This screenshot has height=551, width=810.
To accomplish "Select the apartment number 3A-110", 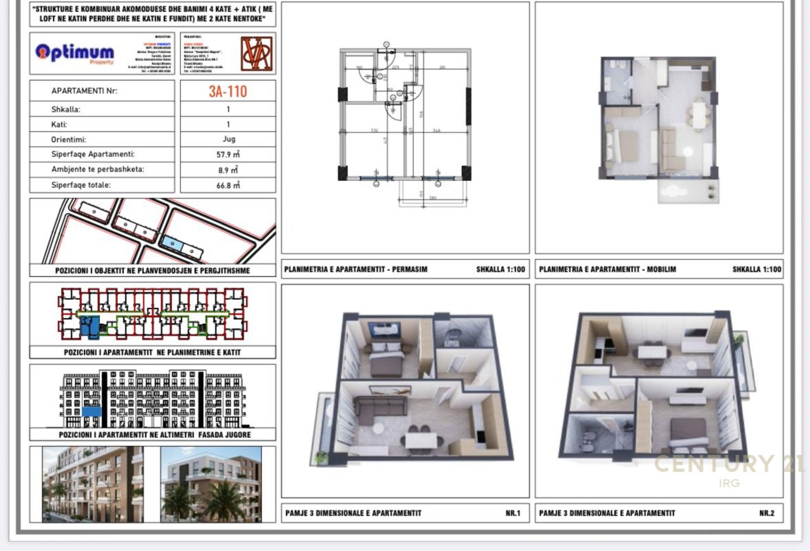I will (x=228, y=91).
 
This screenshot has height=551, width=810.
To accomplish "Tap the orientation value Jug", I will (x=228, y=139).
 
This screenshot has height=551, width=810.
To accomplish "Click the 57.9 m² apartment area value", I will (x=228, y=154).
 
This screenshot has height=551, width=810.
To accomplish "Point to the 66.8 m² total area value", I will (x=228, y=185).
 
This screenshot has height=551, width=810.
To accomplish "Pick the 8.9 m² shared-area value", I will (x=228, y=170).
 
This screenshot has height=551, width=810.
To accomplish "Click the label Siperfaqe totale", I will (x=81, y=185).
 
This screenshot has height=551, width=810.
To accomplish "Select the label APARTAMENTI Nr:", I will (x=84, y=91).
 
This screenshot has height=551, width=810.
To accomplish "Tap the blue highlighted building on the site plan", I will (x=172, y=242).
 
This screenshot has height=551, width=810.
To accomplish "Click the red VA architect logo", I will (x=256, y=53).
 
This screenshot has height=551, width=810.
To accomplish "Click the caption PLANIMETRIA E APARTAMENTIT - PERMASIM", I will (x=356, y=269).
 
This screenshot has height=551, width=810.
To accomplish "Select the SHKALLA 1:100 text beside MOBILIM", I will (x=757, y=269).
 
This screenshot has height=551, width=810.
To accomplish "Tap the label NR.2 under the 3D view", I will (x=766, y=513).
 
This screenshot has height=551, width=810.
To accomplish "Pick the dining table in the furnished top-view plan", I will (x=698, y=115).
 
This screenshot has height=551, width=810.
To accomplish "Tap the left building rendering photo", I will (x=92, y=484).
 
